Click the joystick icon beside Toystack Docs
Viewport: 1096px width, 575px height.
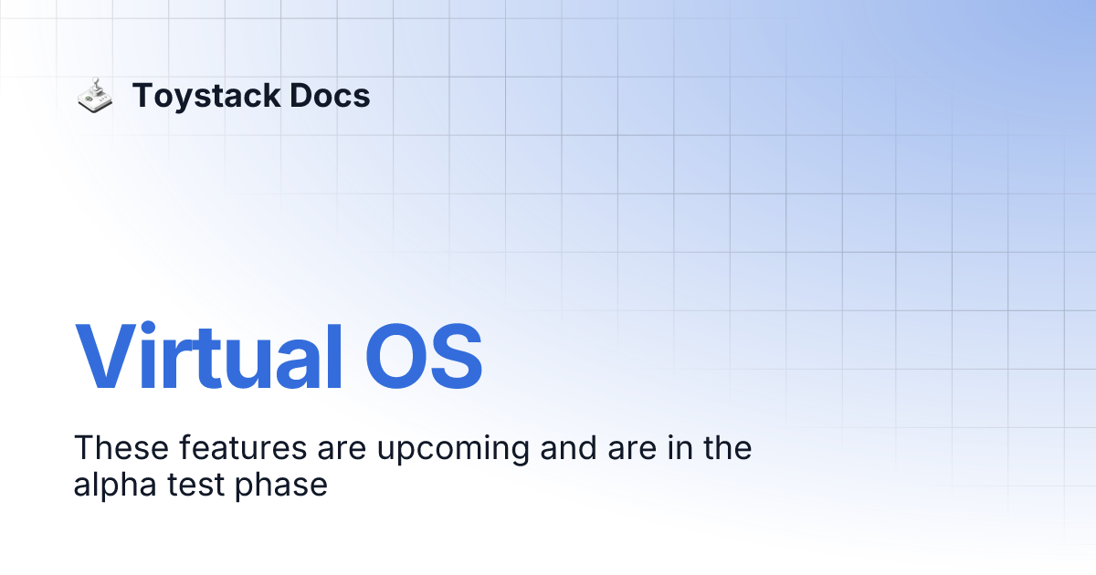pos(94,96)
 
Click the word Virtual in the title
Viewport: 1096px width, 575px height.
pos(208,356)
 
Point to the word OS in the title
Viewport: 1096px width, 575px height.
pos(423,356)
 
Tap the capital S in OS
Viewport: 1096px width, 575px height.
pos(456,358)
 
